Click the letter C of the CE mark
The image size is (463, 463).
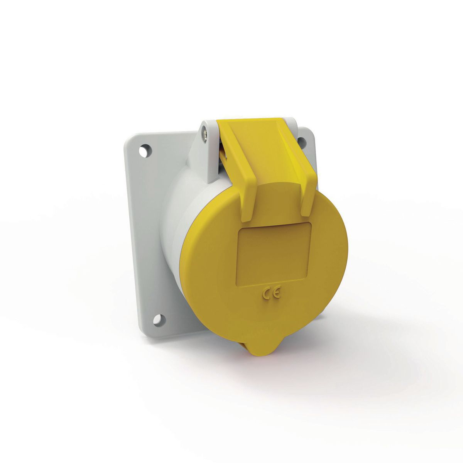266,295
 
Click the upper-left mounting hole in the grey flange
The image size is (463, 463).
145,150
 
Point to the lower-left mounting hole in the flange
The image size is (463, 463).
157,319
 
